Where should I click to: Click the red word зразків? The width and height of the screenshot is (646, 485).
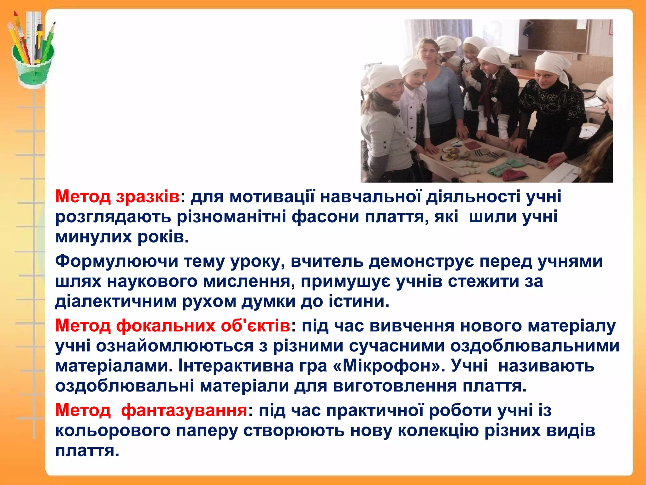tap(148, 197)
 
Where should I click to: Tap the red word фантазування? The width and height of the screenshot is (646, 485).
tap(184, 410)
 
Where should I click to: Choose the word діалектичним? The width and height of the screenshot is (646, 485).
tap(116, 302)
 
